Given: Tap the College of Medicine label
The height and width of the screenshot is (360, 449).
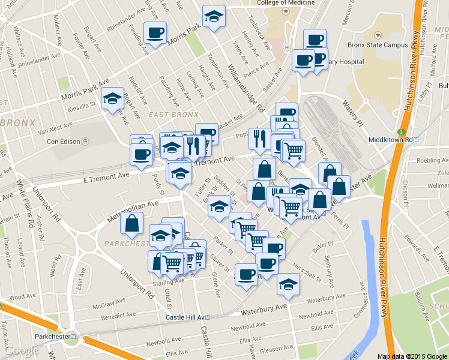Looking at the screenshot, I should tap(286, 3).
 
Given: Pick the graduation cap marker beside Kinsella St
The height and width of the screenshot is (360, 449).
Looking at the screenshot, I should tap(112, 98).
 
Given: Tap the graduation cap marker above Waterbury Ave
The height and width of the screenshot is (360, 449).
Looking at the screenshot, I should tap(288, 282).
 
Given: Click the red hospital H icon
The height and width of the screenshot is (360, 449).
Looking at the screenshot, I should tap(286, 47).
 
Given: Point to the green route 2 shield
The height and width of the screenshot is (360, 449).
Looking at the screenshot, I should tap(400, 132).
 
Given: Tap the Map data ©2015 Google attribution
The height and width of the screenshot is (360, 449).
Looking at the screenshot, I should tap(411, 356).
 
